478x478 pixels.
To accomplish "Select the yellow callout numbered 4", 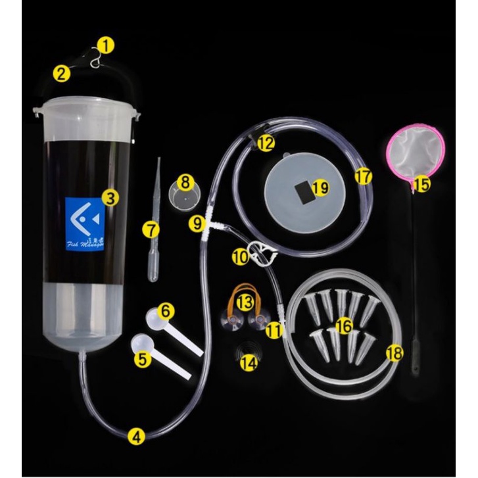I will (136, 435).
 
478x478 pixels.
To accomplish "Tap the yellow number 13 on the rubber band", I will (245, 301).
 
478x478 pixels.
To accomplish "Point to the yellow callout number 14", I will (247, 363).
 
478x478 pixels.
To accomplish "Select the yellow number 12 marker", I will (266, 143).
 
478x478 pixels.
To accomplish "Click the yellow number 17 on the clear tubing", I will (363, 176).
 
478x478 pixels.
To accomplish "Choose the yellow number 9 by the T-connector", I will (197, 222).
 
